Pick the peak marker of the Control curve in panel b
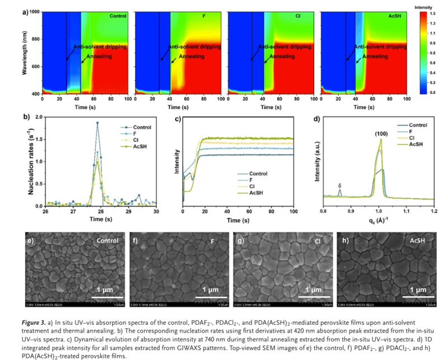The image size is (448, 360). [x=97, y=123]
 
